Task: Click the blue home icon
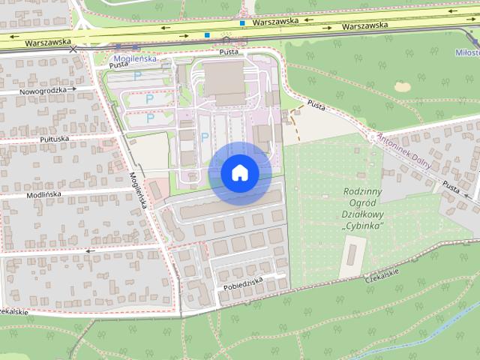[239, 173]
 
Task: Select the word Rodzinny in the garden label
[364, 191]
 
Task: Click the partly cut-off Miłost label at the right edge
[468, 53]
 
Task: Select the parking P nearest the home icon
[204, 136]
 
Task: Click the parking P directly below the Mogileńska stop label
[136, 76]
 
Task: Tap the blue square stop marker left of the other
[207, 35]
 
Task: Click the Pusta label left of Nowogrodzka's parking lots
[119, 65]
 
